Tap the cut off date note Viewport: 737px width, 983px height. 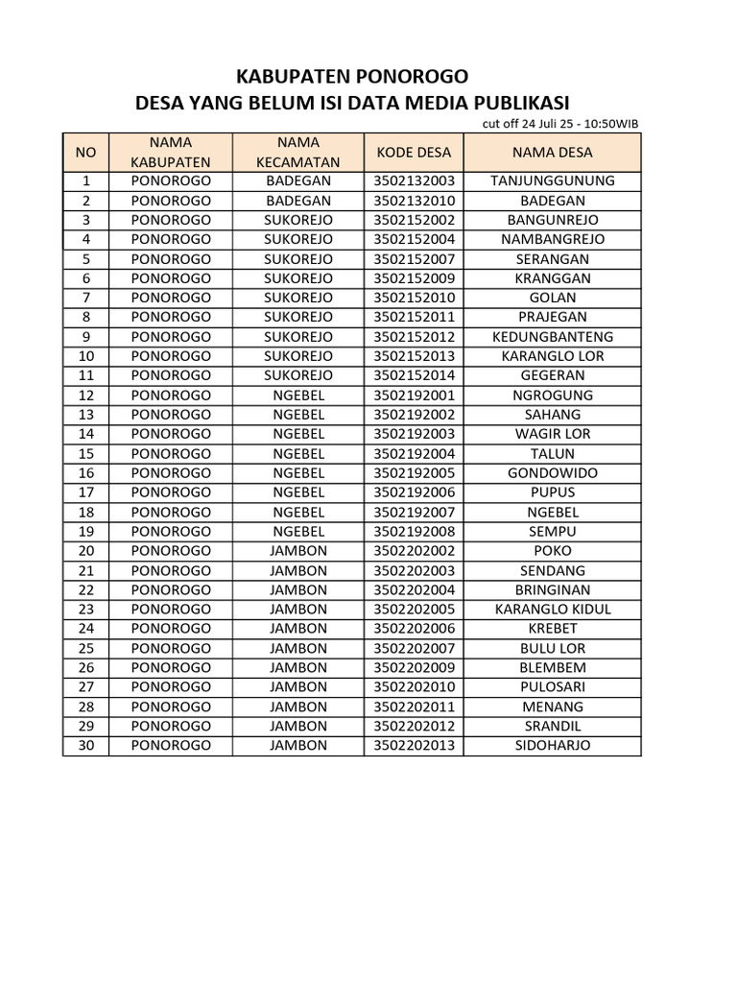coord(560,123)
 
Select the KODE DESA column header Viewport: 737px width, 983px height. coord(414,152)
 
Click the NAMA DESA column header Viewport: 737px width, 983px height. coord(552,152)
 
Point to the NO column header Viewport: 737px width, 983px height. coord(85,152)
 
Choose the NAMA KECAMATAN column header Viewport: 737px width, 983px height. coord(298,152)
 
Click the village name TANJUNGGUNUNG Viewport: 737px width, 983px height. coord(552,180)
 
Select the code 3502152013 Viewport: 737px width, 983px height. coord(414,356)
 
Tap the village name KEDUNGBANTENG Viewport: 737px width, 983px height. coord(552,337)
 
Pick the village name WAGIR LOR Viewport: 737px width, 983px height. coord(552,434)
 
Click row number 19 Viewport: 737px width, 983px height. coord(85,531)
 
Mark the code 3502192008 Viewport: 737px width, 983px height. coord(414,531)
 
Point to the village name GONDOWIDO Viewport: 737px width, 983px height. coord(552,473)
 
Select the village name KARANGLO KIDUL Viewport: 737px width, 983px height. coord(552,610)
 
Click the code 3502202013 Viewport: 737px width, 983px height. coord(414,746)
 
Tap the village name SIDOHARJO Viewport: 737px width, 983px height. coord(552,746)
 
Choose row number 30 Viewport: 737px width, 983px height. coord(85,746)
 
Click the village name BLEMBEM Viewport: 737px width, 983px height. coord(552,667)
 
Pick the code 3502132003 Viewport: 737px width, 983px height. coord(414,180)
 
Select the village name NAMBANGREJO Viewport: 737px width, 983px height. coord(552,239)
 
